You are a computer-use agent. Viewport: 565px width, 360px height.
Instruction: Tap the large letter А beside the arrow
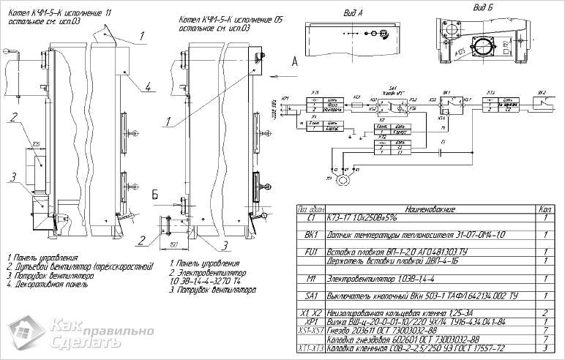point(294,62)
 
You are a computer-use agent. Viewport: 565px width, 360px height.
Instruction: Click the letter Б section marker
point(155,195)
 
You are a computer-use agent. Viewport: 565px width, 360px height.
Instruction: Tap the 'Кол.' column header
point(545,209)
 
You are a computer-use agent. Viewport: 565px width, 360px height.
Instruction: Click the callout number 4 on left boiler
point(148,86)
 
